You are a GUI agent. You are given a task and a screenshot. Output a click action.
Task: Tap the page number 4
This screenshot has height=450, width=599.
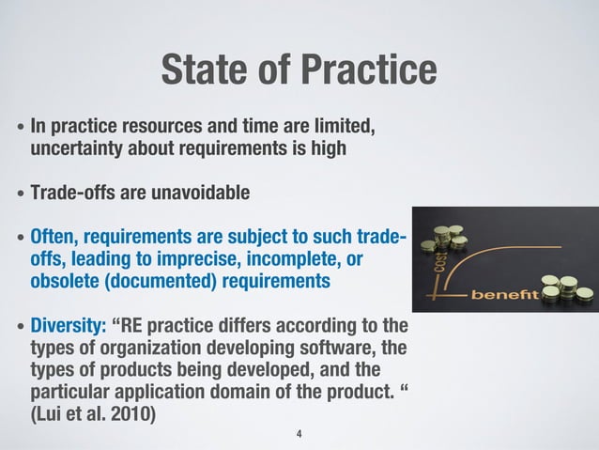pos(299,434)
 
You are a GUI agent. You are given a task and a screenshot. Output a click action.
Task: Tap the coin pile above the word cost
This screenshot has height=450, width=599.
pos(444,236)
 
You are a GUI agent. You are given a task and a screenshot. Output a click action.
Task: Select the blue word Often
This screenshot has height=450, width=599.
pos(54,235)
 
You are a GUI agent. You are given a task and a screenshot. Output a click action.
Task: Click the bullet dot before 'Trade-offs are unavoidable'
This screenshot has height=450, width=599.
pos(21,195)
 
